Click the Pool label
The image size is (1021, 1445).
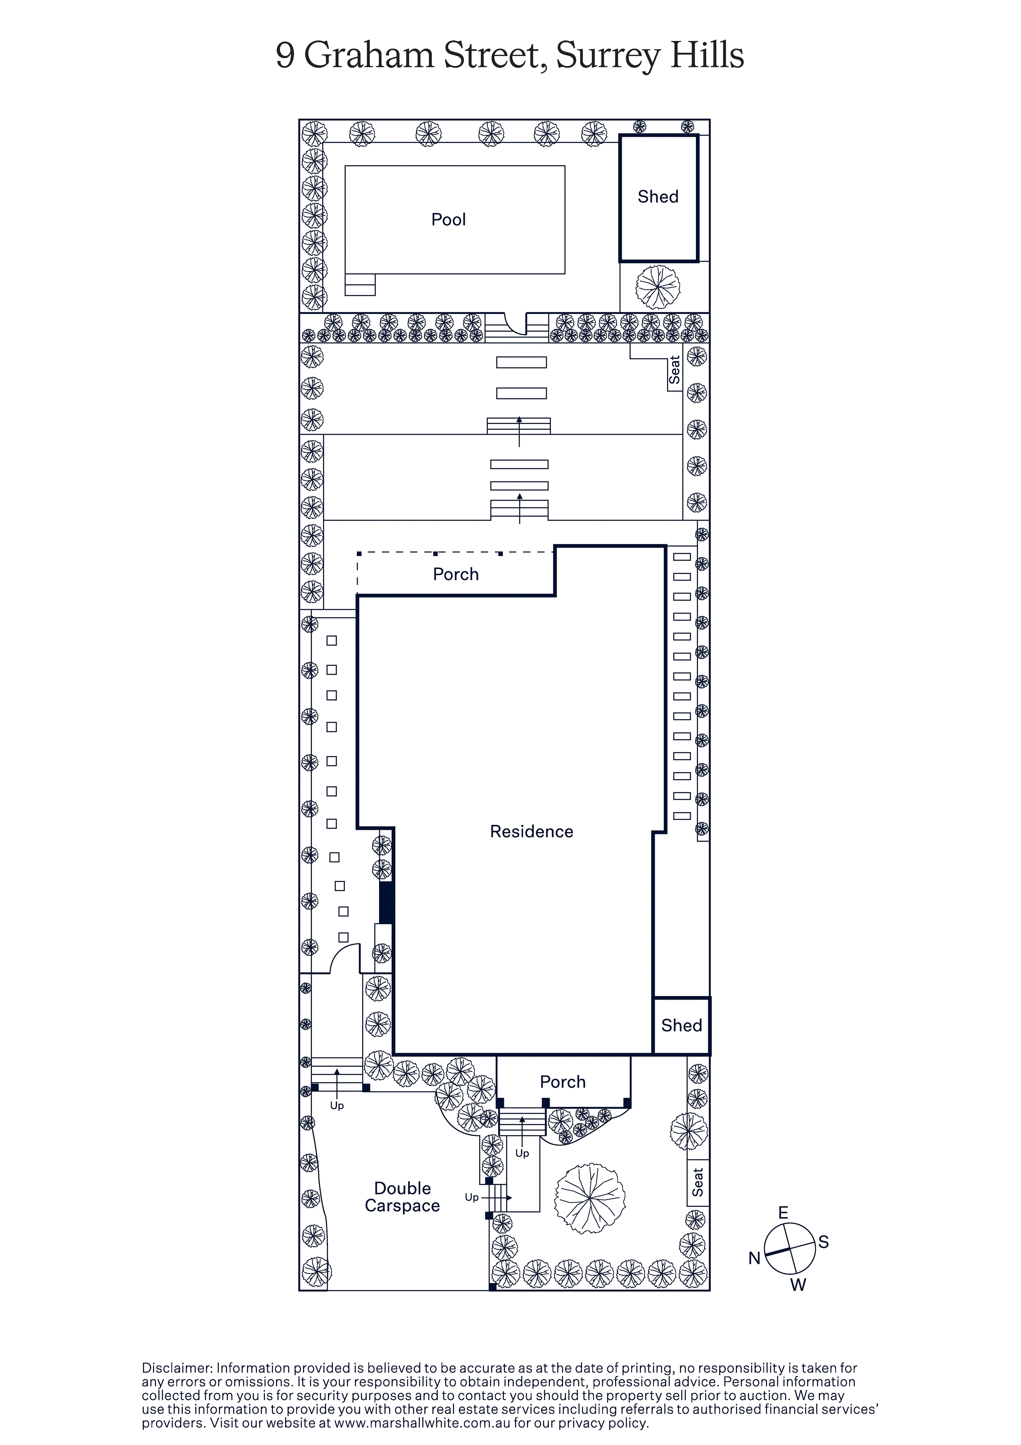[448, 220]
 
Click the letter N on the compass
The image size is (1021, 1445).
[754, 1258]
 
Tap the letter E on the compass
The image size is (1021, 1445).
[783, 1213]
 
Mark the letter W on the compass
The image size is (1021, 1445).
[798, 1285]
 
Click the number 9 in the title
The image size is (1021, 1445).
[285, 56]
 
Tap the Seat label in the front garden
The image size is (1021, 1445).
[698, 1182]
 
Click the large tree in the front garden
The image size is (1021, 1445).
[590, 1198]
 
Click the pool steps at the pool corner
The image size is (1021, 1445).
[360, 284]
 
